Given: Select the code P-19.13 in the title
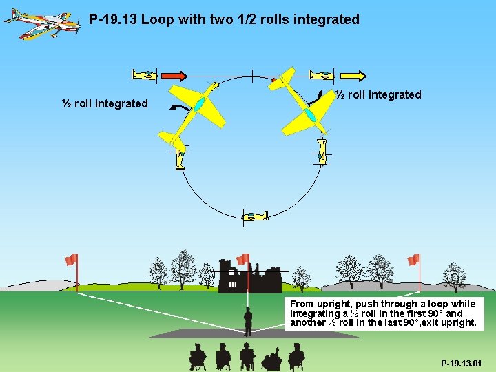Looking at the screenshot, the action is (x=113, y=19).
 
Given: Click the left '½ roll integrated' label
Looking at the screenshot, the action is (x=105, y=103).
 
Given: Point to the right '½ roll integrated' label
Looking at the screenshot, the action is (x=378, y=94).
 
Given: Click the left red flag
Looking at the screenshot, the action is (x=71, y=259).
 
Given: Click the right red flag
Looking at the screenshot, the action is (x=413, y=259).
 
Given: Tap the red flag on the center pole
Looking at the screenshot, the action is (x=242, y=259).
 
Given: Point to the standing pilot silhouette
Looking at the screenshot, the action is (x=248, y=320).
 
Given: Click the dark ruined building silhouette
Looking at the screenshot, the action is (x=248, y=276).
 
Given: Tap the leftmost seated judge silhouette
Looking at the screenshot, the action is (x=198, y=356).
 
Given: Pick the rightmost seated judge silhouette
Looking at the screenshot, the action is (x=296, y=356).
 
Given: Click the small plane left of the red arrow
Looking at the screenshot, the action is (x=145, y=75).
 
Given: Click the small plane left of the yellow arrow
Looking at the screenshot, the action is (x=321, y=75).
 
